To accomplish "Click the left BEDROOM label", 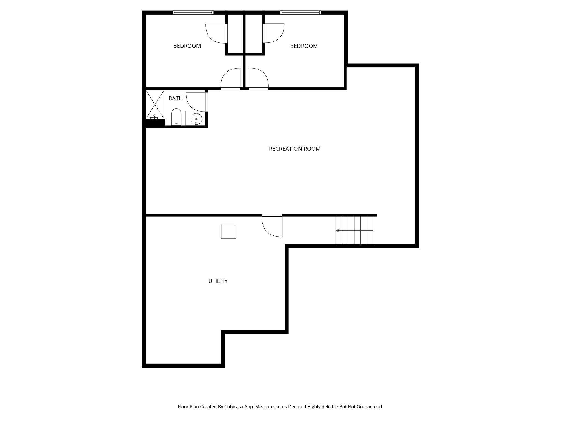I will pyautogui.click(x=187, y=46).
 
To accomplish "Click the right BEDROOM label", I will pyautogui.click(x=304, y=46).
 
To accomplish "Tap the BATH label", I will pyautogui.click(x=175, y=98).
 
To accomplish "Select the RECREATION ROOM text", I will pyautogui.click(x=294, y=149).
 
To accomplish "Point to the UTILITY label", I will pyautogui.click(x=218, y=281).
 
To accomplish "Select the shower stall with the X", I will pyautogui.click(x=155, y=104).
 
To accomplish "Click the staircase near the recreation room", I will pyautogui.click(x=354, y=230).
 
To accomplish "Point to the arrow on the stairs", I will pyautogui.click(x=337, y=230).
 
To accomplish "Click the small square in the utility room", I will pyautogui.click(x=228, y=231).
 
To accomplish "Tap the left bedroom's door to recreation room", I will pyautogui.click(x=231, y=79).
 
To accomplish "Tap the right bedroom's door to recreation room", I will pyautogui.click(x=258, y=79).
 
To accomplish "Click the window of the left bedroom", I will pyautogui.click(x=193, y=13).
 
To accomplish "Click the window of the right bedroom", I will pyautogui.click(x=300, y=13).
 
